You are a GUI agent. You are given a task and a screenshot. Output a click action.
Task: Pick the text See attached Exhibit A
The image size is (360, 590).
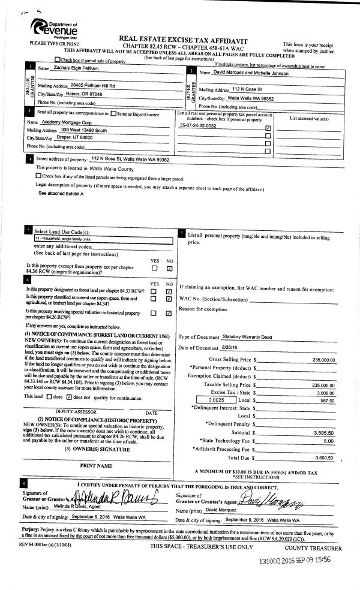(61, 194)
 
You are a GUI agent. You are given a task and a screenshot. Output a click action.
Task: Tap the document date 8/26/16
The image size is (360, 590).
(230, 348)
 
